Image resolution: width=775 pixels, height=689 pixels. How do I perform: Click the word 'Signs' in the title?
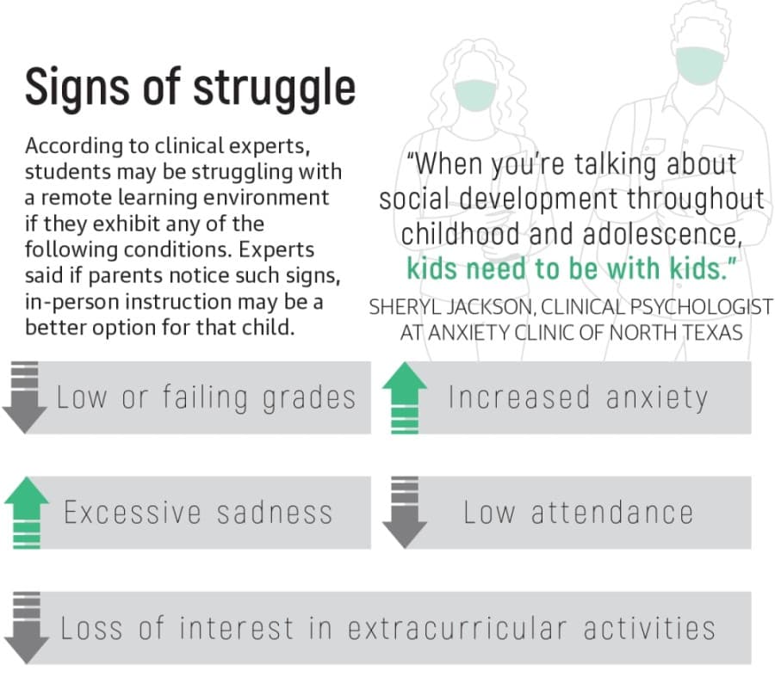pyautogui.click(x=77, y=88)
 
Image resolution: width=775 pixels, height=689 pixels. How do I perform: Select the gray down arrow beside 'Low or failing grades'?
pyautogui.click(x=24, y=397)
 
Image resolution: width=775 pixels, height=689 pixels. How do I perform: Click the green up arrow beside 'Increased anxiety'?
pyautogui.click(x=405, y=397)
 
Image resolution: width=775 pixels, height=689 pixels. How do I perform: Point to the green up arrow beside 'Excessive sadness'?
pyautogui.click(x=27, y=513)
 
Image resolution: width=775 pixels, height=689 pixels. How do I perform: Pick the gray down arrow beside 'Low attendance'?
pyautogui.click(x=405, y=513)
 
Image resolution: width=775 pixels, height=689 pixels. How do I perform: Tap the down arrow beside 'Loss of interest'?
pyautogui.click(x=27, y=627)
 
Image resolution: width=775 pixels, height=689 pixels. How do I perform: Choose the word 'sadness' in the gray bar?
pyautogui.click(x=275, y=513)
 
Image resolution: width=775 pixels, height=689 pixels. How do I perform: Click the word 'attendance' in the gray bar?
pyautogui.click(x=612, y=513)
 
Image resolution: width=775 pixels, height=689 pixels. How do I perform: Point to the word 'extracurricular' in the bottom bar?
pyautogui.click(x=457, y=628)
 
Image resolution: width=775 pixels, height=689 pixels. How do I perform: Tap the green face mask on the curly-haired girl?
pyautogui.click(x=475, y=95)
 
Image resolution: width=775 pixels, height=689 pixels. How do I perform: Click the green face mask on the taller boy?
pyautogui.click(x=700, y=65)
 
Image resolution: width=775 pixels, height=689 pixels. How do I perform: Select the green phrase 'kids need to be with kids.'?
pyautogui.click(x=572, y=269)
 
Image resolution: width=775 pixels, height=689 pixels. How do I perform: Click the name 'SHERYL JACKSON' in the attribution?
pyautogui.click(x=452, y=307)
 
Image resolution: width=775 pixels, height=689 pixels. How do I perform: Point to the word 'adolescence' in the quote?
pyautogui.click(x=663, y=235)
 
